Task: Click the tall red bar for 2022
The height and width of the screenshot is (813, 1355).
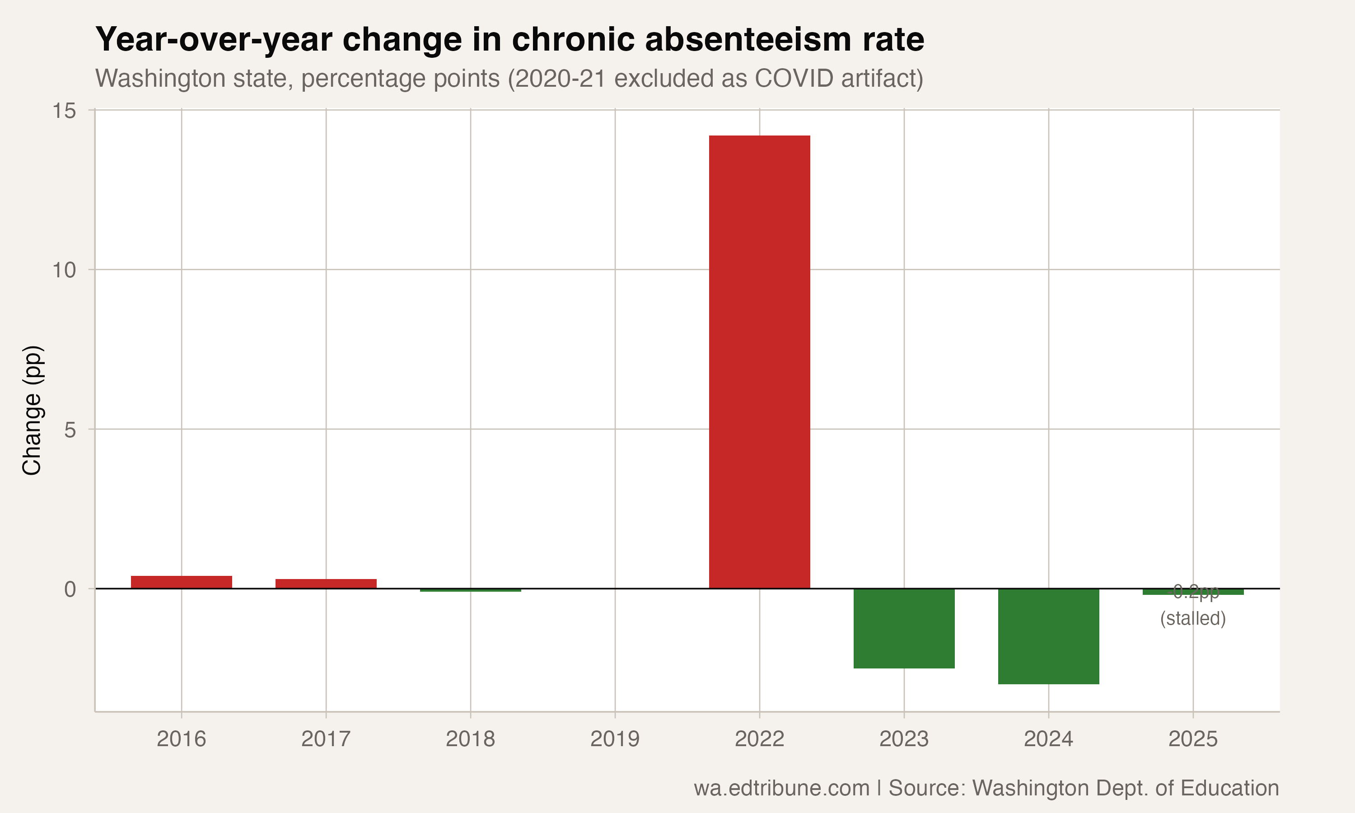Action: click(x=759, y=362)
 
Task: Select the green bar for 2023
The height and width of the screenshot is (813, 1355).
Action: click(x=904, y=628)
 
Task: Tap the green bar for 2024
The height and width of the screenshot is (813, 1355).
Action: click(x=1048, y=636)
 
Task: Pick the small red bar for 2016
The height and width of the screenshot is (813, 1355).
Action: click(x=181, y=582)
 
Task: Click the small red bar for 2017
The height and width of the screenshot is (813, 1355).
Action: click(x=326, y=584)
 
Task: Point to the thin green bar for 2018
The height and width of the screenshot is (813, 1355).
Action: click(x=471, y=590)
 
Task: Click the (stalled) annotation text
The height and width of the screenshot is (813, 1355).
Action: click(x=1193, y=618)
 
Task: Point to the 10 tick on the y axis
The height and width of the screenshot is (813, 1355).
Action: click(x=64, y=270)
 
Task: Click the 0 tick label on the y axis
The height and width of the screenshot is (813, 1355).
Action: click(x=70, y=589)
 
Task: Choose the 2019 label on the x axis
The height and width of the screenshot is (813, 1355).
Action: click(x=615, y=739)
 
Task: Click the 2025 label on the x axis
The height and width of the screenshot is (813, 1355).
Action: click(x=1193, y=739)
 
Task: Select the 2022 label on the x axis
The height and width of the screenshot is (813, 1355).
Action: click(x=759, y=739)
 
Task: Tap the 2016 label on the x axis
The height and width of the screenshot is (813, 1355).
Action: click(x=181, y=739)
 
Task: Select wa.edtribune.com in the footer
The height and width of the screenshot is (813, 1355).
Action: click(x=781, y=788)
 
